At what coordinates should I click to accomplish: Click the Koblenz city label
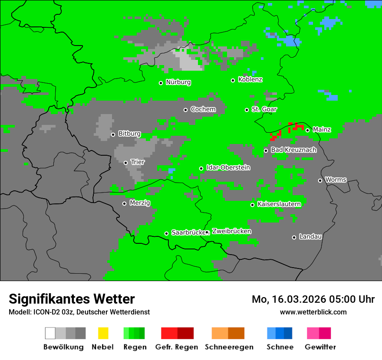pyautogui.click(x=250, y=80)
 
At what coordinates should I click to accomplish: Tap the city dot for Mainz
pyautogui.click(x=307, y=130)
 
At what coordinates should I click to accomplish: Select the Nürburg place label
pyautogui.click(x=178, y=82)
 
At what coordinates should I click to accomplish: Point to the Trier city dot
pyautogui.click(x=125, y=163)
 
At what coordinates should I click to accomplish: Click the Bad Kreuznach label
pyautogui.click(x=293, y=150)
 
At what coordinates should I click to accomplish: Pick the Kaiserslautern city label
pyautogui.click(x=279, y=204)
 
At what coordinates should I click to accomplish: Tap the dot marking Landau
pyautogui.click(x=294, y=237)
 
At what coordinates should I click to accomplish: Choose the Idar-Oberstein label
pyautogui.click(x=228, y=168)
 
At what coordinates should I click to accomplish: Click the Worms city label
pyautogui.click(x=336, y=180)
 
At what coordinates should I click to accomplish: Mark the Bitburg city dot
pyautogui.click(x=113, y=134)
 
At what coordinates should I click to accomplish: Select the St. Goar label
pyautogui.click(x=264, y=109)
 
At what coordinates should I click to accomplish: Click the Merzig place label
pyautogui.click(x=139, y=203)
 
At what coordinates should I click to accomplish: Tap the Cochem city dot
pyautogui.click(x=185, y=110)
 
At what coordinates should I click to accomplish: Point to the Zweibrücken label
pyautogui.click(x=231, y=232)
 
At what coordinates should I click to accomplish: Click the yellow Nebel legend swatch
pyautogui.click(x=103, y=333)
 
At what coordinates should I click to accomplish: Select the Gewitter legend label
pyautogui.click(x=320, y=347)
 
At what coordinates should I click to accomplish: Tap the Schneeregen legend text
pyautogui.click(x=228, y=347)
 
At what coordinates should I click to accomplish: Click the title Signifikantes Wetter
pyautogui.click(x=72, y=299)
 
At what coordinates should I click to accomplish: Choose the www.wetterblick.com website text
pyautogui.click(x=313, y=312)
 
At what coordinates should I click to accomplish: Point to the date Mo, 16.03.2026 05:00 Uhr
pyautogui.click(x=313, y=299)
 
